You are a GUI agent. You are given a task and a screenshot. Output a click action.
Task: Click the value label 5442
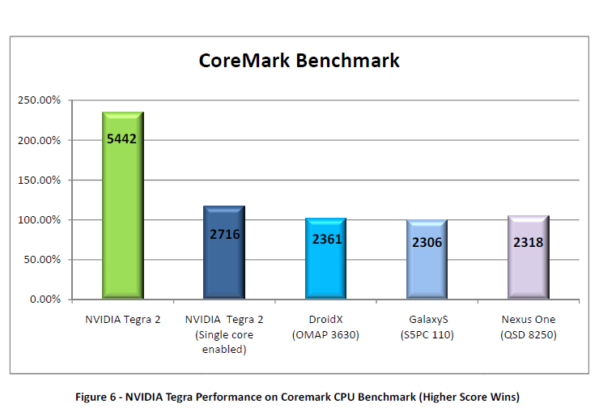tap(122, 138)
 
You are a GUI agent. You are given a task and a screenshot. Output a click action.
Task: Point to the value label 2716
tap(224, 234)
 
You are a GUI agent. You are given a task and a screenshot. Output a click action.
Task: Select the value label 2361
tap(325, 240)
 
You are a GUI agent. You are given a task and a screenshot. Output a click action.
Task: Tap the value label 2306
tap(427, 242)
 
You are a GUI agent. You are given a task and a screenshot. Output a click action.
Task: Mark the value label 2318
tap(528, 241)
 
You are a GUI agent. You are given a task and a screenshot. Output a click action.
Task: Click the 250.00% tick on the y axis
tap(39, 100)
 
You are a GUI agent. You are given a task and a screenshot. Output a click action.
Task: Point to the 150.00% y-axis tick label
tap(39, 180)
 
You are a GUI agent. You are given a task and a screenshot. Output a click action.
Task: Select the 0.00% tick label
tap(45, 300)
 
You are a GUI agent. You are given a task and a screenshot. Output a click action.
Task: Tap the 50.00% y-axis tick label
tap(41, 260)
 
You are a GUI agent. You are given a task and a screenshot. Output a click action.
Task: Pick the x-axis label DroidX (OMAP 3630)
tap(325, 327)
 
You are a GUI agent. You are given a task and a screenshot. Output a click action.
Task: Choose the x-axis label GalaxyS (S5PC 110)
tap(427, 327)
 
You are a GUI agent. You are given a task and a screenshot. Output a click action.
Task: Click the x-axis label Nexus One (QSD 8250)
tap(528, 327)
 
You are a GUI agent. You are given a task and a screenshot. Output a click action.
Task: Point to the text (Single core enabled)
tap(224, 342)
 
